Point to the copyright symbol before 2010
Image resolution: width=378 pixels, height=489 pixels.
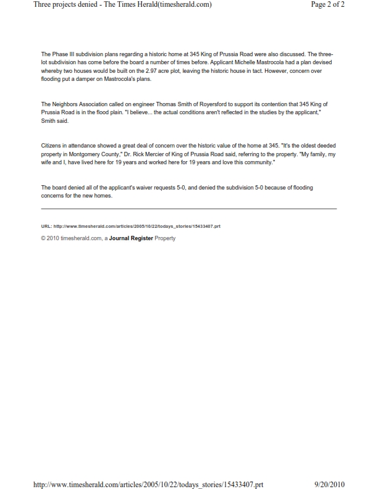tap(43, 238)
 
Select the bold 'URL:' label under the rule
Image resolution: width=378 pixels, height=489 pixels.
tap(47, 227)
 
